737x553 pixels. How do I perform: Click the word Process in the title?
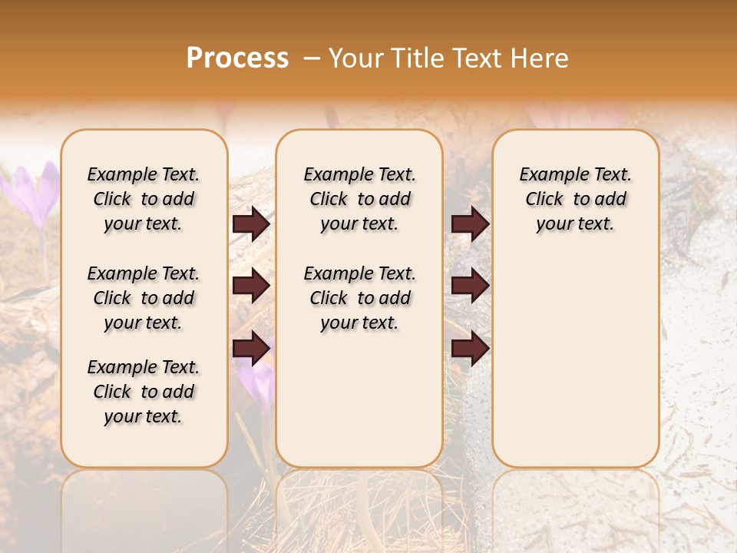[237, 58]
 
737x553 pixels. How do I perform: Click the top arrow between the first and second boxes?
[251, 224]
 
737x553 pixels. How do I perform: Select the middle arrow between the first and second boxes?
[251, 286]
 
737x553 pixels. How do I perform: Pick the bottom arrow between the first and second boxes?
[251, 349]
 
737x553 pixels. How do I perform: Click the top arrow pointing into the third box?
[470, 224]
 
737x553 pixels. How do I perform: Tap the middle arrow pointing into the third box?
[470, 286]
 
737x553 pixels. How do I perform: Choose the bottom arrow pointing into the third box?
[470, 349]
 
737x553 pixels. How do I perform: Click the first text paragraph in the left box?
[144, 199]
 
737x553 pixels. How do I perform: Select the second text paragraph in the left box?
[144, 298]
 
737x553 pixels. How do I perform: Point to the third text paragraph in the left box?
[144, 392]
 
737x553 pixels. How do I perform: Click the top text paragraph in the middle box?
[359, 199]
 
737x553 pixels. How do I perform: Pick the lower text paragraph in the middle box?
[359, 298]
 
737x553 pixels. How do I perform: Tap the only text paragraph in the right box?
[575, 199]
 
